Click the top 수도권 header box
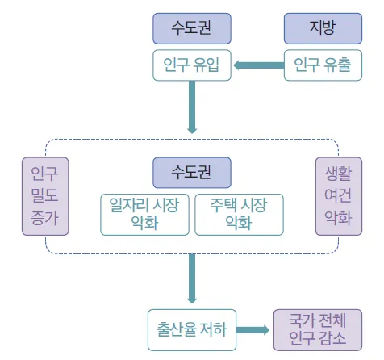coord(192,28)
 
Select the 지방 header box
coord(323,28)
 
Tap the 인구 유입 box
coord(192,65)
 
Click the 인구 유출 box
coord(323,65)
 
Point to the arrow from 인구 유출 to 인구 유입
coord(259,65)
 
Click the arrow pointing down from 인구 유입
coord(192,107)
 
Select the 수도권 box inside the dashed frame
coord(192,173)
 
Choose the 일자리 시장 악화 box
coord(144,215)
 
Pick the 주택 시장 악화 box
coord(239,215)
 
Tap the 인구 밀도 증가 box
coord(45,196)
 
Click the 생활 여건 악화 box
coord(339,196)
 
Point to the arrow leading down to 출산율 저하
coord(192,278)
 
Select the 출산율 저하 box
coord(192,330)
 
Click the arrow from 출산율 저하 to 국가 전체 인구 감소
coord(253,330)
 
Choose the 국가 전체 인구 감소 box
coord(318,330)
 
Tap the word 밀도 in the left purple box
coord(44,195)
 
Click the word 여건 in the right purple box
coord(338,195)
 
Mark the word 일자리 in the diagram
coord(129,205)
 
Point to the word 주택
coord(223,205)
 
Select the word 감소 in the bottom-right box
coord(332,338)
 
